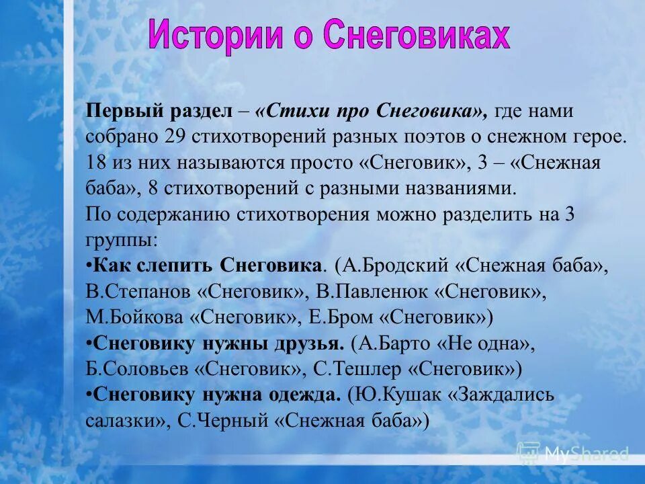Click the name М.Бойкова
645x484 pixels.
click(x=135, y=317)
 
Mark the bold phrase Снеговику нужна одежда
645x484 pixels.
click(x=217, y=395)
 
